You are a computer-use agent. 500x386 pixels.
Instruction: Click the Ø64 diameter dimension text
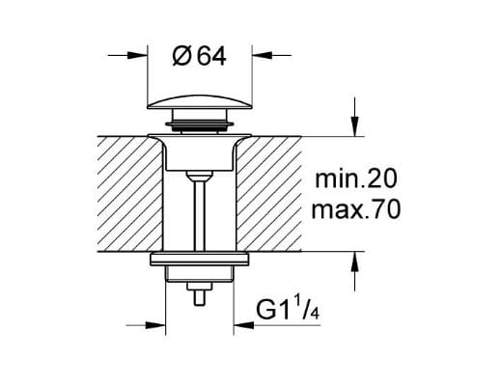click(199, 57)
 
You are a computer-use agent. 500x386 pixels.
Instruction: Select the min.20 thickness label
click(356, 179)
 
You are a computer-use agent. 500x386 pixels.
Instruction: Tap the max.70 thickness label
click(356, 209)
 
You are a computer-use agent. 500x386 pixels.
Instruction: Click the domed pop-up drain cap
click(199, 101)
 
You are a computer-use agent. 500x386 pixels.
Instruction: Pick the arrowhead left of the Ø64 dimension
click(137, 55)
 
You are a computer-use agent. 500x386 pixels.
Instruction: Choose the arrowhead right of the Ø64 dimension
click(262, 55)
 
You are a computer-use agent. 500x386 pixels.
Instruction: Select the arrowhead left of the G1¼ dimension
click(155, 325)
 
